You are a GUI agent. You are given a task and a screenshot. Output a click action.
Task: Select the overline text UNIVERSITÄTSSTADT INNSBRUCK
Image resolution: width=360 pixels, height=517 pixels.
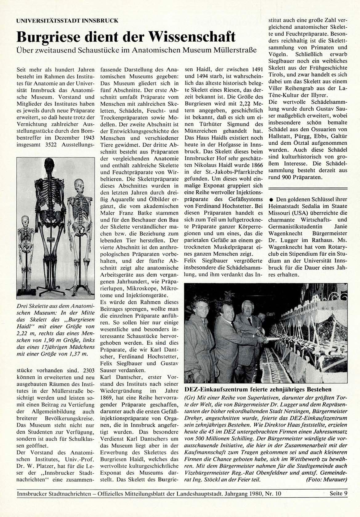67,21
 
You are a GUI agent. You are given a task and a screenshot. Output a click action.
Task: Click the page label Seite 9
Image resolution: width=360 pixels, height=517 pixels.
338,493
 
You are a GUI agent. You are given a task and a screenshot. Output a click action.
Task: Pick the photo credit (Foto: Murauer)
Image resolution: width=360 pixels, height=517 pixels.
326,479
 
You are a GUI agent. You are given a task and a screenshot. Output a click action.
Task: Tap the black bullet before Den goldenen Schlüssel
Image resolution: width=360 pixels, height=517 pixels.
271,199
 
